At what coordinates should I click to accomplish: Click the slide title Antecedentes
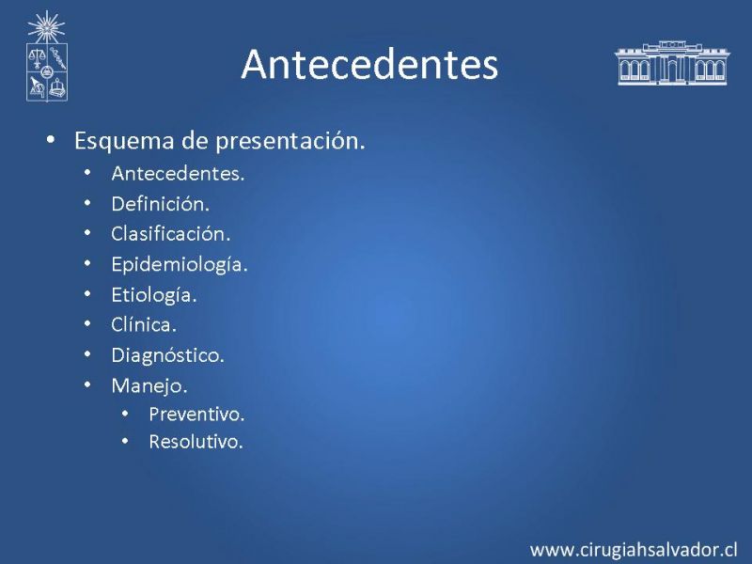point(369,64)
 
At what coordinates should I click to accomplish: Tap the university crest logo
point(46,56)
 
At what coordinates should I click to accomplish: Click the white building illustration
point(672,63)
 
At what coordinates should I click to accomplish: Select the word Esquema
point(124,141)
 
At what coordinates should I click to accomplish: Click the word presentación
point(290,141)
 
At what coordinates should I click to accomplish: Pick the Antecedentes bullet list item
point(178,174)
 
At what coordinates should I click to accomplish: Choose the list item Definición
point(160,204)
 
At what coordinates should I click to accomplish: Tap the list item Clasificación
point(171,234)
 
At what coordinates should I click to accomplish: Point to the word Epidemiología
point(180,265)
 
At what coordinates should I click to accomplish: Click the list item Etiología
point(154,295)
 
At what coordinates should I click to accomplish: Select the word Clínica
point(144,324)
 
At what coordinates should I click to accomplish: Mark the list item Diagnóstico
point(168,355)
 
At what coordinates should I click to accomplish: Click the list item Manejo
point(149,385)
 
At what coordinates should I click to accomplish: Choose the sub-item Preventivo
point(196,415)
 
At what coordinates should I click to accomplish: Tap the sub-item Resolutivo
point(196,442)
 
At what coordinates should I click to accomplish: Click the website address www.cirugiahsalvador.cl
point(634,550)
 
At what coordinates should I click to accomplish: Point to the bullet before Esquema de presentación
point(51,139)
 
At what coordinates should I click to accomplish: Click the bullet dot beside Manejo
point(87,384)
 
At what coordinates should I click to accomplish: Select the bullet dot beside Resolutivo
point(125,441)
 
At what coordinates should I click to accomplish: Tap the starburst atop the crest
point(46,27)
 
